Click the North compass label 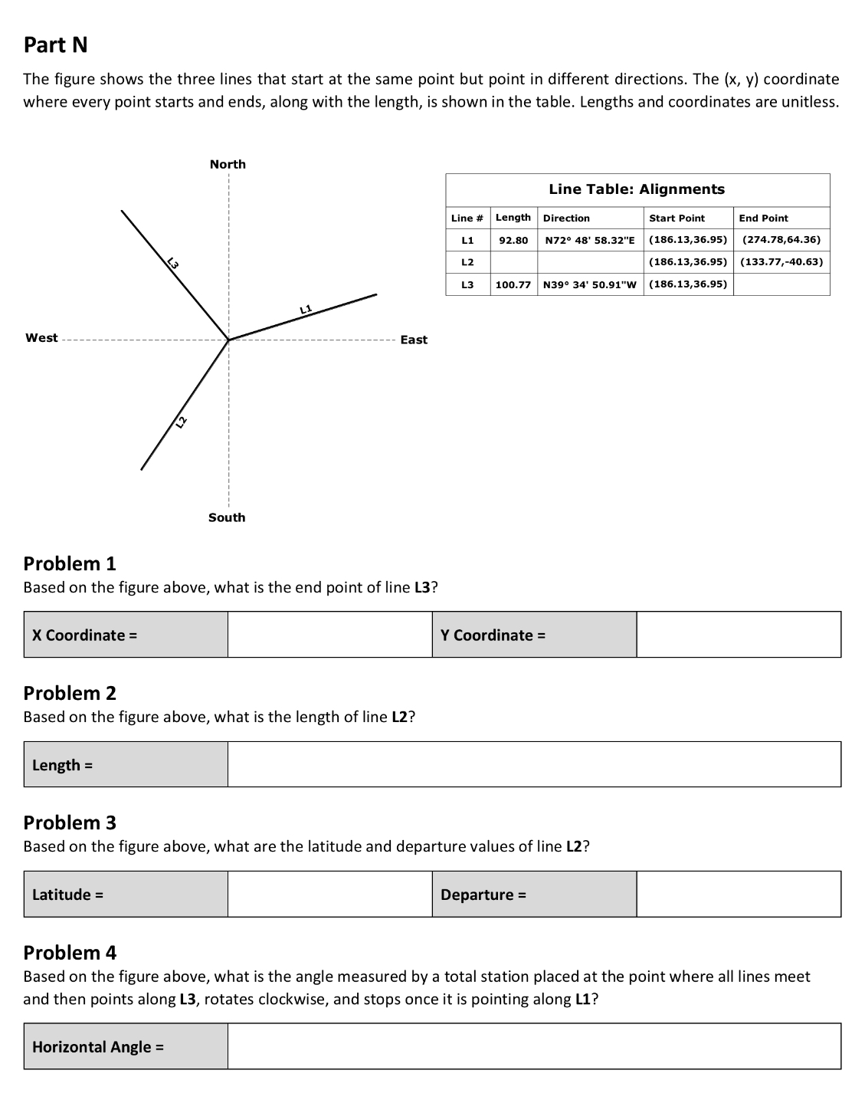tap(228, 164)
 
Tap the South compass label tap(227, 517)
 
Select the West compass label tap(41, 338)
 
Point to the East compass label tap(414, 340)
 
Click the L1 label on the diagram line tap(306, 309)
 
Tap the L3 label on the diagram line tap(173, 264)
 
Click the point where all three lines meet tap(228, 340)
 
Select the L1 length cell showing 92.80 tap(513, 240)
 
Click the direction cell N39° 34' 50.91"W tap(590, 284)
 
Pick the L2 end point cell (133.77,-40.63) tap(781, 261)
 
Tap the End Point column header tap(763, 218)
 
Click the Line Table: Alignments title tap(637, 189)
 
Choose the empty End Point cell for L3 tap(781, 284)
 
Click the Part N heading tap(55, 44)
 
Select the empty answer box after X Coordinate tap(329, 635)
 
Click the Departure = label tap(483, 895)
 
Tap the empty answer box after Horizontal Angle tap(534, 1046)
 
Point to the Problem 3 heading tap(70, 822)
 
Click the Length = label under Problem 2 tap(62, 765)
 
